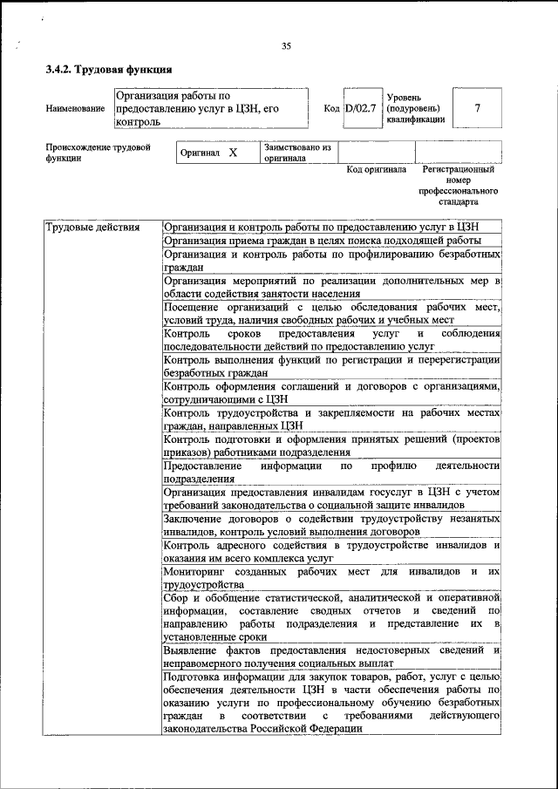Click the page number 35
coord(286,46)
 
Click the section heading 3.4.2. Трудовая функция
coord(108,69)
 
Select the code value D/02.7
coord(360,109)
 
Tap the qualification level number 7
coord(477,108)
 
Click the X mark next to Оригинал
coord(233,153)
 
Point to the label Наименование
coord(76,109)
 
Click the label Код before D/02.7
coord(331,109)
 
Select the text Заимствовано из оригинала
coord(297,153)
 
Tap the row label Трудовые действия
coord(92,228)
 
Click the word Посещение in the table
coord(193,307)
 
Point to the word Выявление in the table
coord(194,650)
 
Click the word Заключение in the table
coord(194,519)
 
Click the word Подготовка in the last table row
coord(194,677)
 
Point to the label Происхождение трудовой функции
coord(98,153)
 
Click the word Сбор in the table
coord(176,597)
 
